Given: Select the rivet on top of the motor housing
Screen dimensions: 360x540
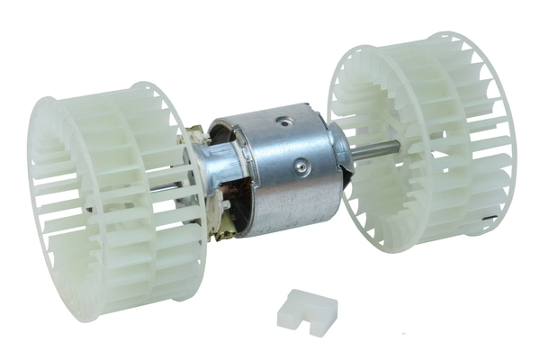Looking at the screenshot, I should click(287, 119).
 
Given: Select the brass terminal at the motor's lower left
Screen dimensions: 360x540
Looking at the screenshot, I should click(217, 221).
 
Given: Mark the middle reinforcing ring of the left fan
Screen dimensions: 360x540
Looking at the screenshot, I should click(118, 207).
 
